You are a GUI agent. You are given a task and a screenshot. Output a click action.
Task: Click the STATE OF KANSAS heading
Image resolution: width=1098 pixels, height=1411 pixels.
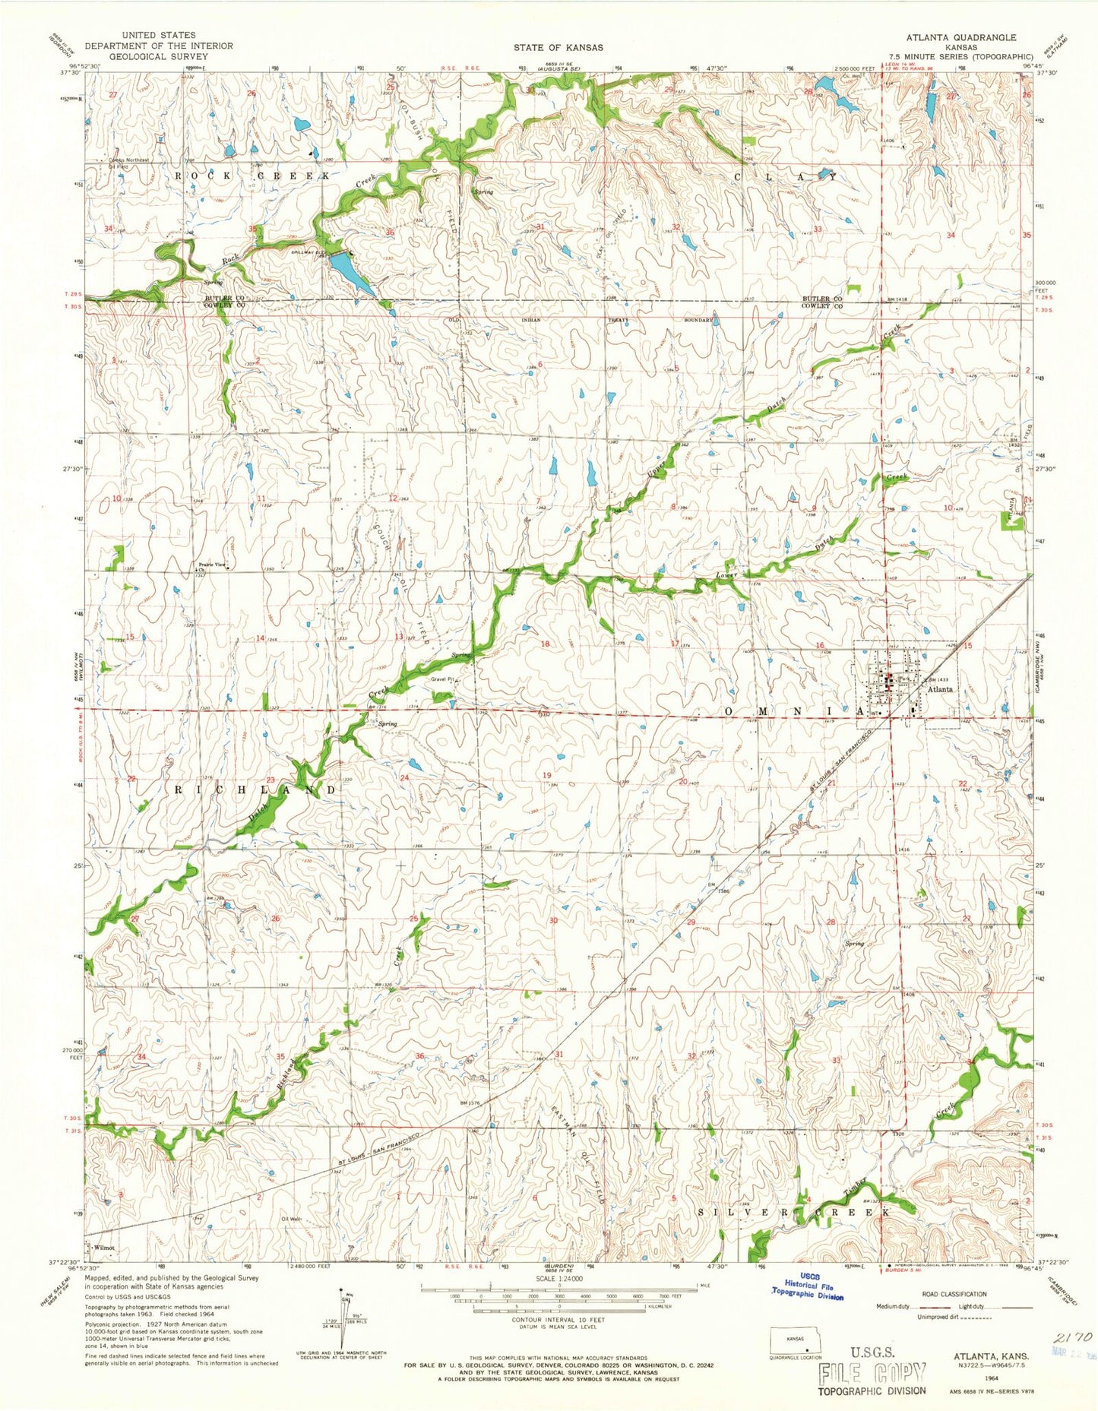click(558, 47)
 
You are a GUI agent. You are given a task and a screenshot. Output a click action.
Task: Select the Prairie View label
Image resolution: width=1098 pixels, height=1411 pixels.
click(212, 565)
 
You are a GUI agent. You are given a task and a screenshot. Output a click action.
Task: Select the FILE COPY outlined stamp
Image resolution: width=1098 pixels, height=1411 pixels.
click(872, 1372)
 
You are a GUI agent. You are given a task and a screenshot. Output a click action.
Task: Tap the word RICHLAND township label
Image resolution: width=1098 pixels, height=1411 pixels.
click(255, 790)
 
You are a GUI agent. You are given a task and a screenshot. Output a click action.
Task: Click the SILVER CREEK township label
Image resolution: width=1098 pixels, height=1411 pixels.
click(793, 1211)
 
